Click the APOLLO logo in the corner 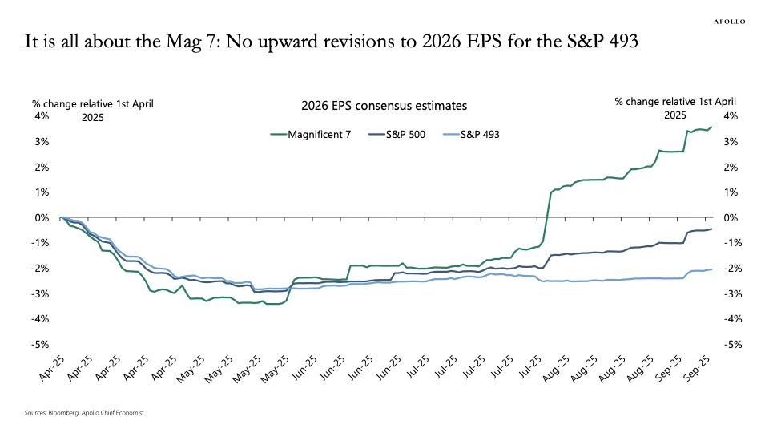[729, 22]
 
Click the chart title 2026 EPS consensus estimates [384, 106]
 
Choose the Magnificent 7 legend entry [310, 134]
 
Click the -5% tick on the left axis [40, 345]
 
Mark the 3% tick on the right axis [730, 142]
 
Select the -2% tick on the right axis [730, 269]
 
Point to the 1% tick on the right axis [730, 192]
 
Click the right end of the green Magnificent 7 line [711, 127]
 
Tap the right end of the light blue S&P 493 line [711, 269]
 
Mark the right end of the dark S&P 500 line [711, 229]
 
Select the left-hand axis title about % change [92, 109]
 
